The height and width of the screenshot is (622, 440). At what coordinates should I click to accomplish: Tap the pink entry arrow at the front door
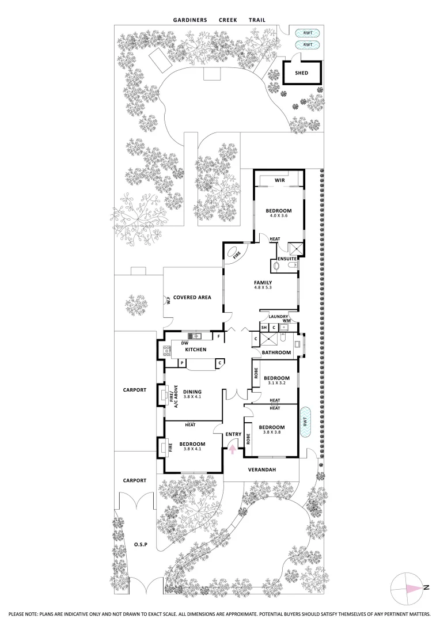[x=233, y=447]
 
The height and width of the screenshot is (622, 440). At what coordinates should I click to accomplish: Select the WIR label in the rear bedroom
[x=280, y=180]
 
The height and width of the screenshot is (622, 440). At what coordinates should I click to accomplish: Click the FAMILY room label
[x=263, y=282]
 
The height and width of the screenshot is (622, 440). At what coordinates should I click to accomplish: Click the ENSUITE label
[x=287, y=259]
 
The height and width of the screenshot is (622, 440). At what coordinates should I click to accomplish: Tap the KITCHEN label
[x=196, y=350]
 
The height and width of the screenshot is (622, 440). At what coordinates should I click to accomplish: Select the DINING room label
[x=192, y=392]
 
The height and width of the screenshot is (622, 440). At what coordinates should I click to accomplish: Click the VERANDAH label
[x=262, y=470]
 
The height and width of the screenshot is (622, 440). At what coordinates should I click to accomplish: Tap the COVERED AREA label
[x=192, y=298]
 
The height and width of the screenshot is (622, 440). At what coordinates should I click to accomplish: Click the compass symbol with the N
[x=409, y=588]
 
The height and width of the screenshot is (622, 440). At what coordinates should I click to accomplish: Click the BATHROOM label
[x=275, y=352]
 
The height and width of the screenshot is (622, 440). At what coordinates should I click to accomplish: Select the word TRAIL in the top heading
[x=257, y=20]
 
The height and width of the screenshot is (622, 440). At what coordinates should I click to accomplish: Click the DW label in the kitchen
[x=185, y=343]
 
